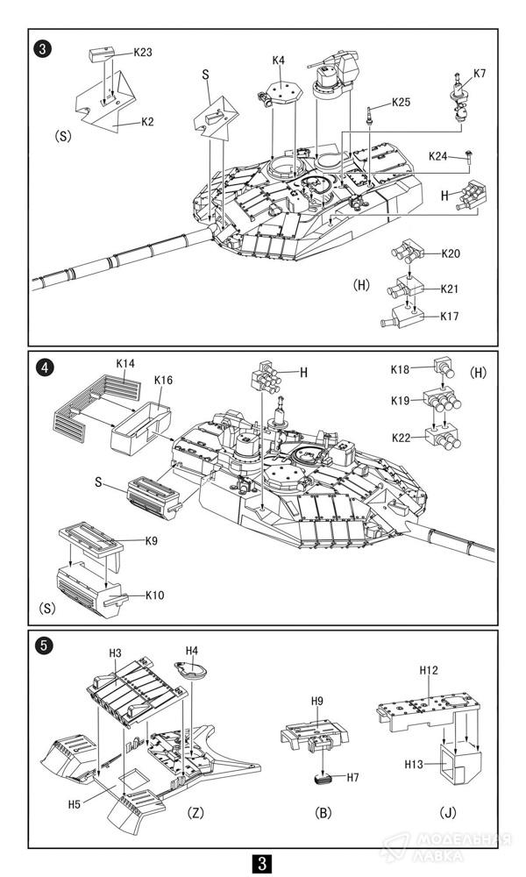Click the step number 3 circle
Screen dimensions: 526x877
click(43, 48)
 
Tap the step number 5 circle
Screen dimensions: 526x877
click(43, 646)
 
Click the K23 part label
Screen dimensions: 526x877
click(143, 53)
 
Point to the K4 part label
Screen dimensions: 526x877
click(279, 60)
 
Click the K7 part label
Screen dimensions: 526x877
click(480, 74)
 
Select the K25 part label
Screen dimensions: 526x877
click(401, 103)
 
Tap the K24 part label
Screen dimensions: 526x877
click(438, 156)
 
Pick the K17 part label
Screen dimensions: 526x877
click(450, 316)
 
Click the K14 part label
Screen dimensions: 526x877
click(125, 364)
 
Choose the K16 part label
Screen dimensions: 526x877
click(163, 381)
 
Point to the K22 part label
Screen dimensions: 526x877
click(401, 438)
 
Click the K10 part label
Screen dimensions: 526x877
click(155, 595)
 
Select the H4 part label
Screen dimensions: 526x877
click(192, 651)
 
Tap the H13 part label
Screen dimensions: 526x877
click(414, 764)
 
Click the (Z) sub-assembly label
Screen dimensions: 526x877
click(195, 813)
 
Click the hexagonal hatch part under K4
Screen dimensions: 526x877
click(285, 92)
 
